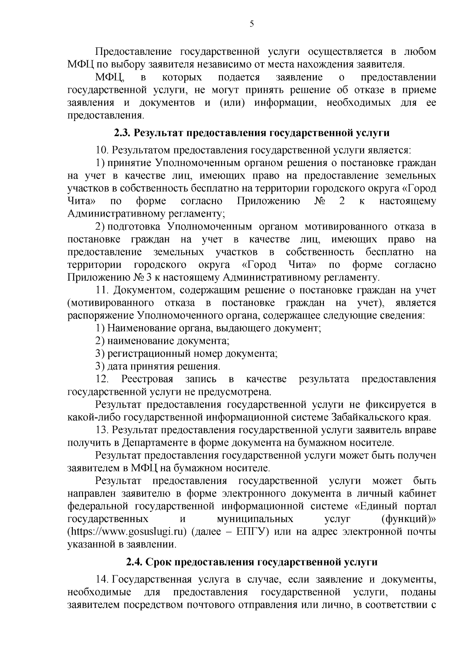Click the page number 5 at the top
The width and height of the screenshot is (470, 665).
[x=252, y=24]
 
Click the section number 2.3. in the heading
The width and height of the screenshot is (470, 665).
[x=122, y=133]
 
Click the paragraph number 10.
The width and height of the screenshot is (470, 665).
[x=103, y=150]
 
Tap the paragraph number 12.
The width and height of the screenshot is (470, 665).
[x=103, y=379]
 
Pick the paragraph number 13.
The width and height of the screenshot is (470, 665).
[x=103, y=430]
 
